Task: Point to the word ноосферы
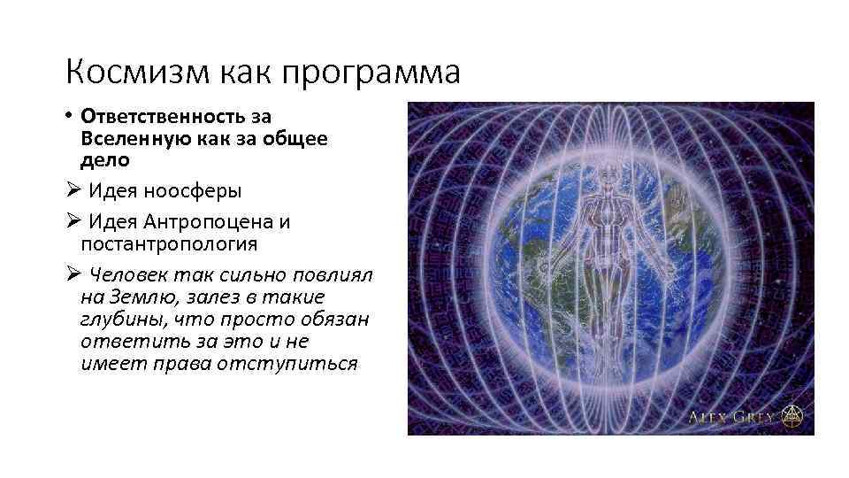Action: click(195, 190)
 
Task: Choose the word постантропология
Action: click(169, 242)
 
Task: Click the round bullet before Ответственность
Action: click(69, 117)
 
